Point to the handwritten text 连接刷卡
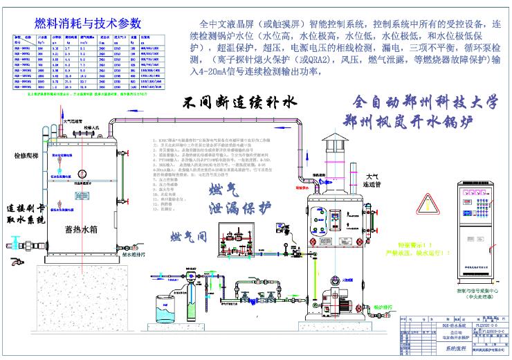28,209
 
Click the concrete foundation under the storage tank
83,284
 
